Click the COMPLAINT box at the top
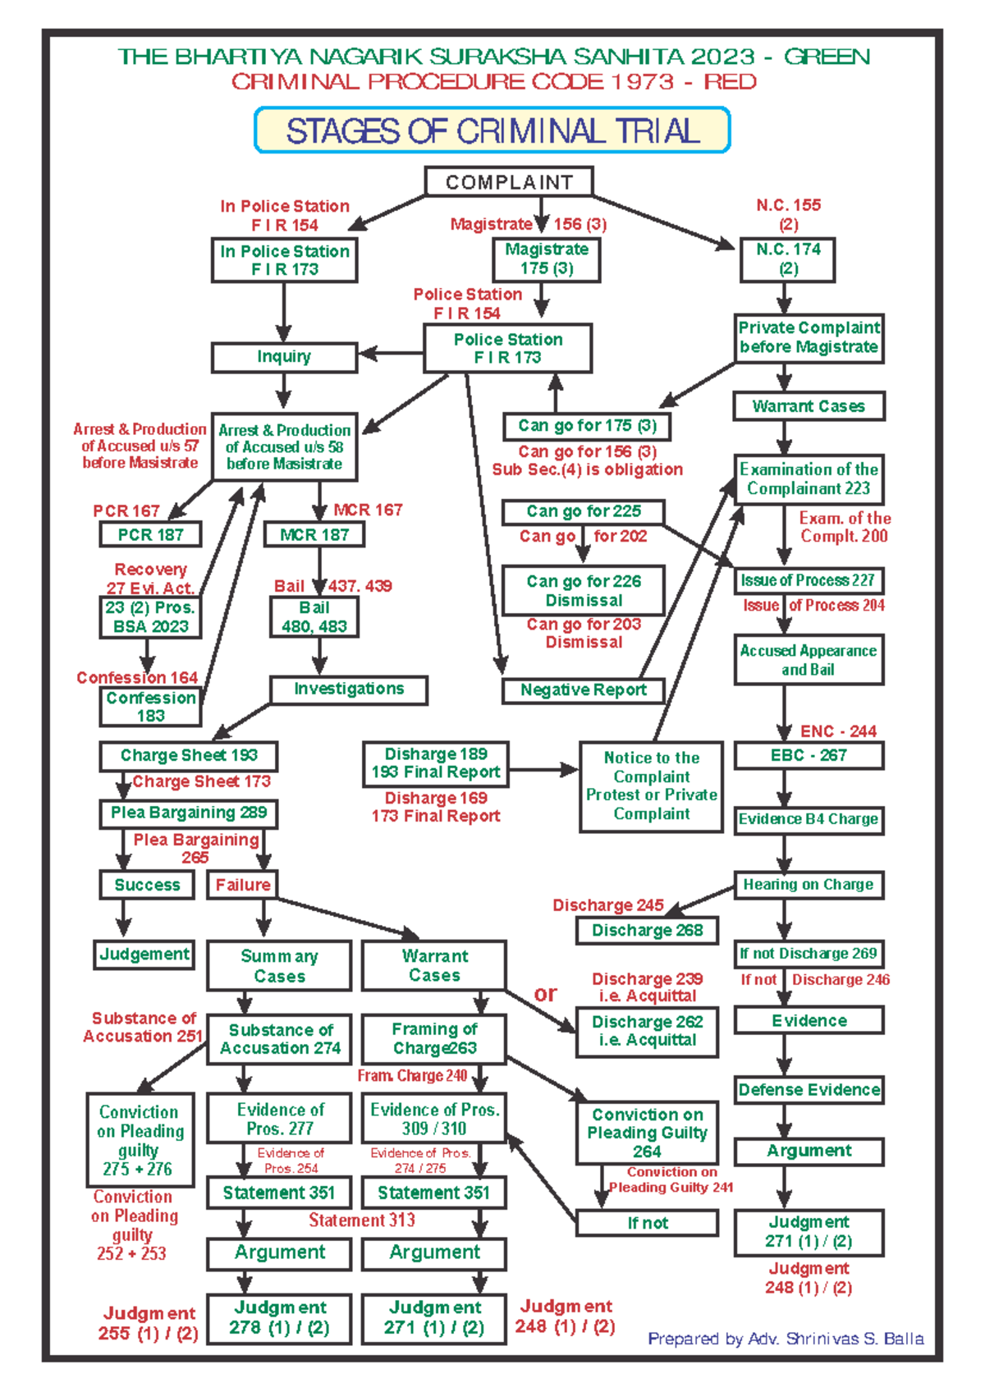(x=508, y=182)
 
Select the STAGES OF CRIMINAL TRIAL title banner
(x=492, y=130)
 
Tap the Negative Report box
(x=583, y=690)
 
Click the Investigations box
(x=349, y=689)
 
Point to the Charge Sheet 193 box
(x=189, y=755)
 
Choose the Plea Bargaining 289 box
(x=189, y=813)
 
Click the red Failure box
(x=242, y=885)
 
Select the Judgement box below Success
(x=144, y=955)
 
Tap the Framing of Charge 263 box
(x=434, y=1038)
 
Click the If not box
(x=647, y=1223)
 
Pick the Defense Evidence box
(x=809, y=1090)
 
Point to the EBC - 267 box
(x=809, y=755)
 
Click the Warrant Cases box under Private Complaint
(x=809, y=406)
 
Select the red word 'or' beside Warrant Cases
(x=545, y=994)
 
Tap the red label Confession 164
(x=137, y=678)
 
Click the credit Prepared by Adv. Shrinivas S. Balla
(x=786, y=1339)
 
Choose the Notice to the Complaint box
(x=652, y=786)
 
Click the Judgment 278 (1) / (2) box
(x=279, y=1318)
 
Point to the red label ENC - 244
(x=838, y=731)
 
